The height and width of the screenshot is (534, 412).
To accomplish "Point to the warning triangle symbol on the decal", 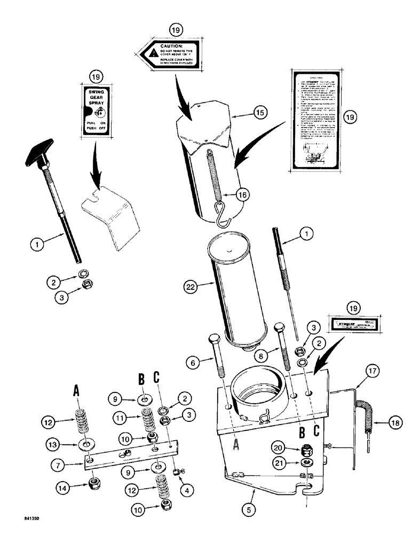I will coord(153,53).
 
